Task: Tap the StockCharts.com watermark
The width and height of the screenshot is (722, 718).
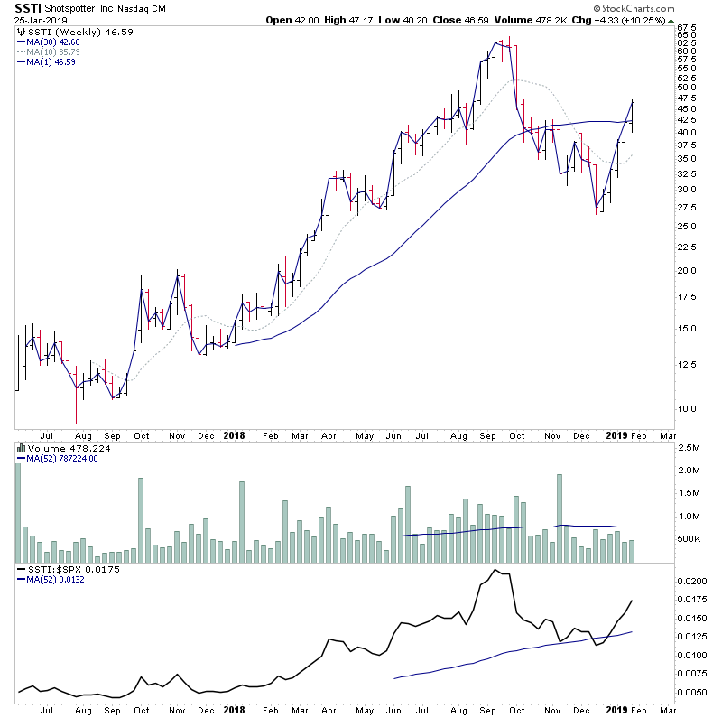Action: (664, 8)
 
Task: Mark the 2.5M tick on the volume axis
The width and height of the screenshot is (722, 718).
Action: (690, 448)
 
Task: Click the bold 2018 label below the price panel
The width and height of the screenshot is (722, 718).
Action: (234, 434)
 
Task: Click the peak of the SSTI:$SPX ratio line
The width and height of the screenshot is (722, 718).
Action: (496, 571)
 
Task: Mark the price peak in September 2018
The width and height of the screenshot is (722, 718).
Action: (495, 34)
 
